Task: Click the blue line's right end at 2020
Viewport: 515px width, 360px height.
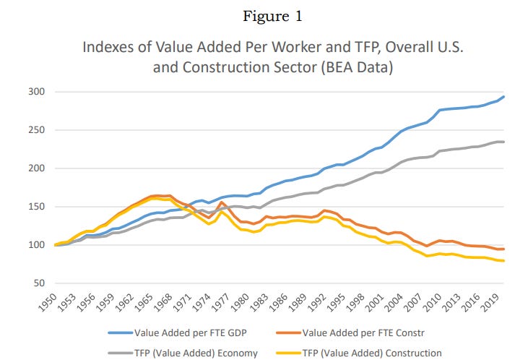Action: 504,97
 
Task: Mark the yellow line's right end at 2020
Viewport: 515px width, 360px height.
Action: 504,261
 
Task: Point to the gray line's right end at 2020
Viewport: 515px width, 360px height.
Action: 504,142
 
